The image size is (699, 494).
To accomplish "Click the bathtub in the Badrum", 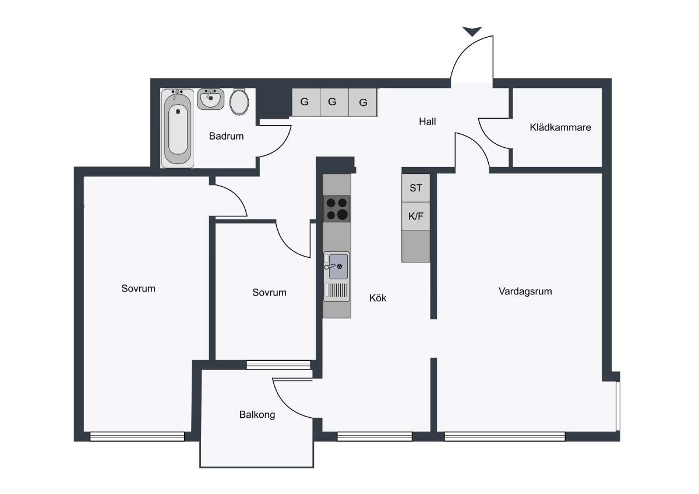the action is point(177,128).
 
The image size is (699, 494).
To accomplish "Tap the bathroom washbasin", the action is point(210,99).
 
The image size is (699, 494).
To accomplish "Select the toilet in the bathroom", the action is point(239,101).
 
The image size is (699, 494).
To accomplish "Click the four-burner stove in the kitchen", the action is point(337,209).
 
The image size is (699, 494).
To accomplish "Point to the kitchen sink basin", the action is point(338,266).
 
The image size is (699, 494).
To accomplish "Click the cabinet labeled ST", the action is point(416,188).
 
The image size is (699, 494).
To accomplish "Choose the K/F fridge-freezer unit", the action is point(416,216).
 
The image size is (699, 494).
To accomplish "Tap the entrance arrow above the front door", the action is point(472,31).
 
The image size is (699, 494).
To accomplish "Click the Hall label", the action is point(427,122).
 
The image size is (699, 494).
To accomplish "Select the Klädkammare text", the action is point(560,127).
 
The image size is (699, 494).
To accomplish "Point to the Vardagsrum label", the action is point(525,292).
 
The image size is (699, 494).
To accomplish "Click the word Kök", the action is point(377,298).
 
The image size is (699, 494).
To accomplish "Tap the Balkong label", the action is point(257,414).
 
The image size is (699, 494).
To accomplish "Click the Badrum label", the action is point(226,136).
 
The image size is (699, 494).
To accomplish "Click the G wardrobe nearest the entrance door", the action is point(362,102).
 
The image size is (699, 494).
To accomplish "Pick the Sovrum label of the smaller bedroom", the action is point(269,292).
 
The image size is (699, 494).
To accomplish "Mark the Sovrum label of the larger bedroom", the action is point(138,289).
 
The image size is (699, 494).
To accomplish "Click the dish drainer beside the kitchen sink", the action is point(338,290).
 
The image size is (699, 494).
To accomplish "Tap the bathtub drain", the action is point(178,111).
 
